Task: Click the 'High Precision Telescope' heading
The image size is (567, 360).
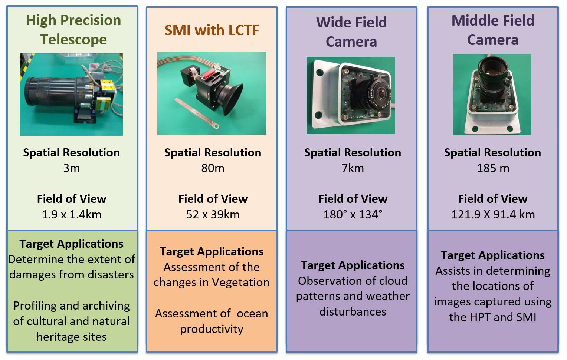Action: pyautogui.click(x=73, y=30)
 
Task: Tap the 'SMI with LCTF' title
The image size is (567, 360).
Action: pyautogui.click(x=212, y=30)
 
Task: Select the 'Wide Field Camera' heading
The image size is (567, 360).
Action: pyautogui.click(x=351, y=32)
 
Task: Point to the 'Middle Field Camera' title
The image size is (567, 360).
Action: pyautogui.click(x=493, y=30)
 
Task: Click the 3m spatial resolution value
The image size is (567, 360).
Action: pyautogui.click(x=71, y=168)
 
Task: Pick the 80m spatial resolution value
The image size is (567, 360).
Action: pyautogui.click(x=213, y=168)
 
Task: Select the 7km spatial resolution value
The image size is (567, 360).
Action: pyautogui.click(x=353, y=168)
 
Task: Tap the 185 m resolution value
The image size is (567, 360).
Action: pyautogui.click(x=493, y=168)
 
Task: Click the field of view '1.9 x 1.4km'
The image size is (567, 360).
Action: pyautogui.click(x=71, y=215)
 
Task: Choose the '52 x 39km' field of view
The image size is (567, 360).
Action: pyautogui.click(x=213, y=215)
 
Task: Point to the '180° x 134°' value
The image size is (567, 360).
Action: pyautogui.click(x=353, y=215)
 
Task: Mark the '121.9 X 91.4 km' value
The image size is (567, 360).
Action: pyautogui.click(x=493, y=215)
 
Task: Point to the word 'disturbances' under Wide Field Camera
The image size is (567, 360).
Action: pyautogui.click(x=353, y=312)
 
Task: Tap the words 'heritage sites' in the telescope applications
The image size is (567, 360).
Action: pyautogui.click(x=71, y=337)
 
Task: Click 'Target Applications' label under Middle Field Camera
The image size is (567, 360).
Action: pyautogui.click(x=492, y=255)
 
